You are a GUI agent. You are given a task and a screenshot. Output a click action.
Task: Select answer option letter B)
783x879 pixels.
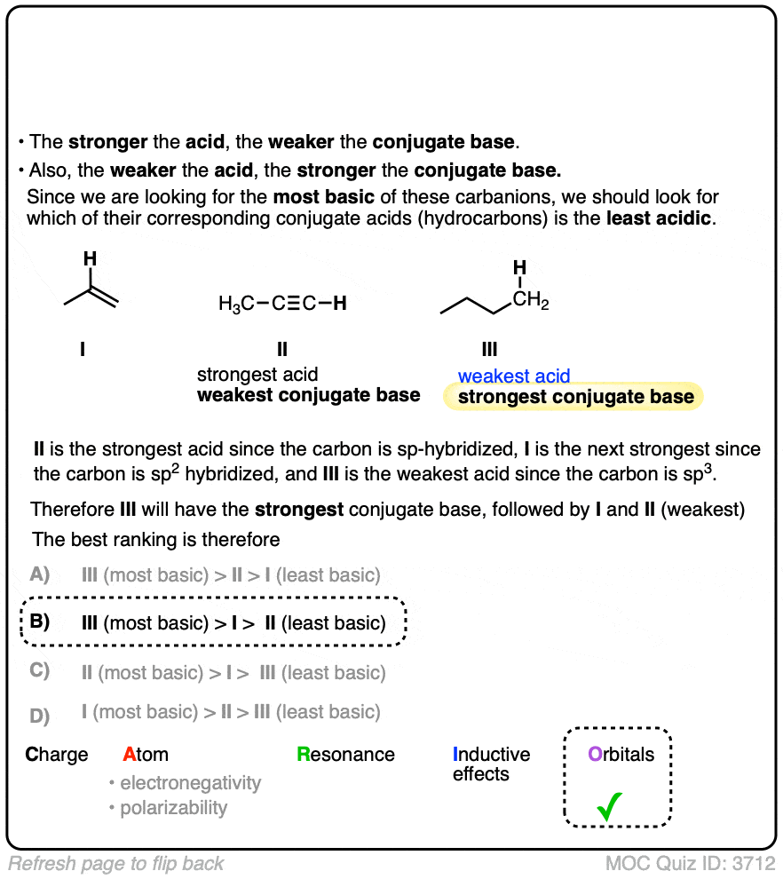point(39,622)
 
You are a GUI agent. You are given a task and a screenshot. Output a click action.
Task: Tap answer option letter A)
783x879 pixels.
point(39,574)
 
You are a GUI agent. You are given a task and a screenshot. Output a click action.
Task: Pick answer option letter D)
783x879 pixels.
point(39,714)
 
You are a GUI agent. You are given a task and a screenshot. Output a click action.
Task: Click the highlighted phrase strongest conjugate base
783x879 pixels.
point(575,397)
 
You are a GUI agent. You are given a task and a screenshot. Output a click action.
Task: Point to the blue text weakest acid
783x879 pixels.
point(514,376)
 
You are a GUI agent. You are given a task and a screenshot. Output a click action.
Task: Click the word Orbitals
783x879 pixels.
point(621,755)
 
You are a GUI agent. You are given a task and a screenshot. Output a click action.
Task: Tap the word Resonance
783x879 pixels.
point(346,755)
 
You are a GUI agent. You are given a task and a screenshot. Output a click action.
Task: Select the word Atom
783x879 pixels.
point(146,755)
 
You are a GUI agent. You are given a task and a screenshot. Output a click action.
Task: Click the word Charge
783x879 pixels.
point(57,755)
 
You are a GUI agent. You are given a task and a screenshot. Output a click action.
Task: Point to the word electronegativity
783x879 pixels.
point(190,783)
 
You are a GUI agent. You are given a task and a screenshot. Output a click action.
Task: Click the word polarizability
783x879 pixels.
point(173,808)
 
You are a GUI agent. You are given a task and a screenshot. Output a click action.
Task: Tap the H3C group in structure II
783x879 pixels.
point(235,304)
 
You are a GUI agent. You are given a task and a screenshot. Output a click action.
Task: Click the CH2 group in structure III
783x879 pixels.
point(531,303)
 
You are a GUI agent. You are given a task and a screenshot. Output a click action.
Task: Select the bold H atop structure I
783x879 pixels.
point(90,258)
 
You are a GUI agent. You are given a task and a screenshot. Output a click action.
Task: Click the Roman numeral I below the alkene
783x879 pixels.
point(83,350)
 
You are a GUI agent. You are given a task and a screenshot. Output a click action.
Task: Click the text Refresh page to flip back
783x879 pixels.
point(116,863)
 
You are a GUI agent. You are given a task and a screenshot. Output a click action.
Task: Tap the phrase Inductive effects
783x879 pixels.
point(491,764)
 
